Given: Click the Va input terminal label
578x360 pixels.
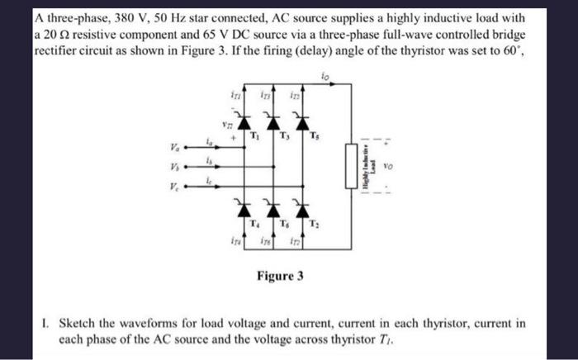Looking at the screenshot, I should click(x=173, y=149).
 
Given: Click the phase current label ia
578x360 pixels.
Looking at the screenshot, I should click(x=209, y=144).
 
